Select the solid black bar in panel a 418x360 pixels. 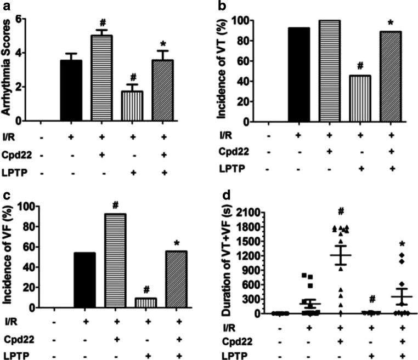[x=71, y=90]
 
